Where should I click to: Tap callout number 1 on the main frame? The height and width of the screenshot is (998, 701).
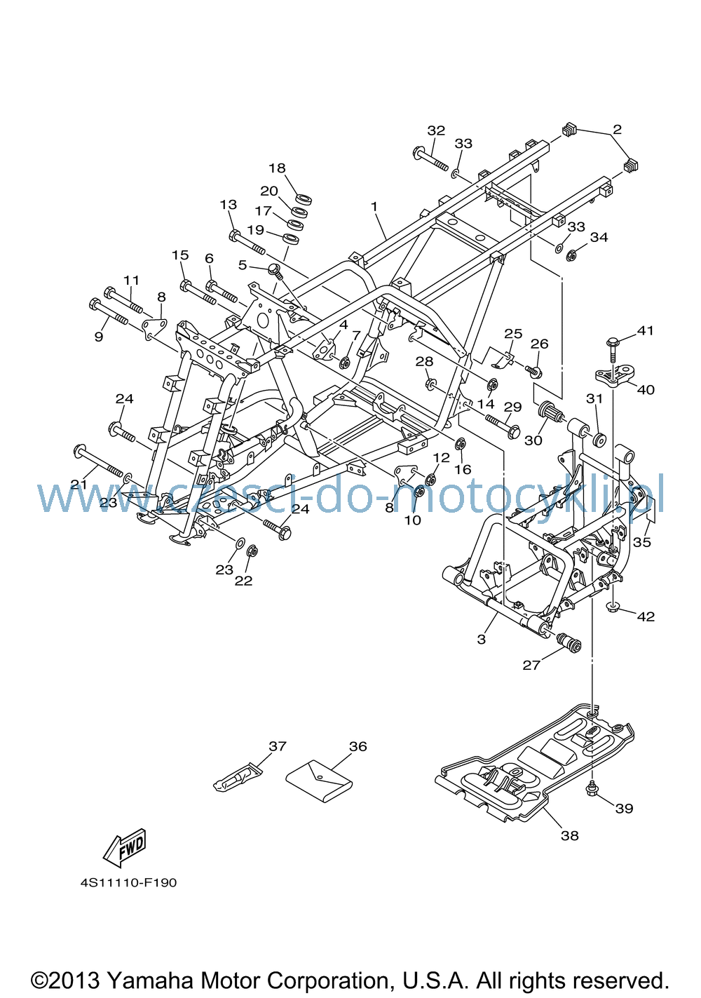(374, 207)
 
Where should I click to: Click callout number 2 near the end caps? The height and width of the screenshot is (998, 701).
(617, 129)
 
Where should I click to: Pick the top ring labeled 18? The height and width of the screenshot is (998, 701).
(304, 198)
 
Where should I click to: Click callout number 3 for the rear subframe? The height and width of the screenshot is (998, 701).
(481, 639)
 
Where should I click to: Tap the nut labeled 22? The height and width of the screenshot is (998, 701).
(251, 551)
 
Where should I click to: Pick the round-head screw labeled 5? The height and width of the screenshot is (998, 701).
(275, 271)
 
